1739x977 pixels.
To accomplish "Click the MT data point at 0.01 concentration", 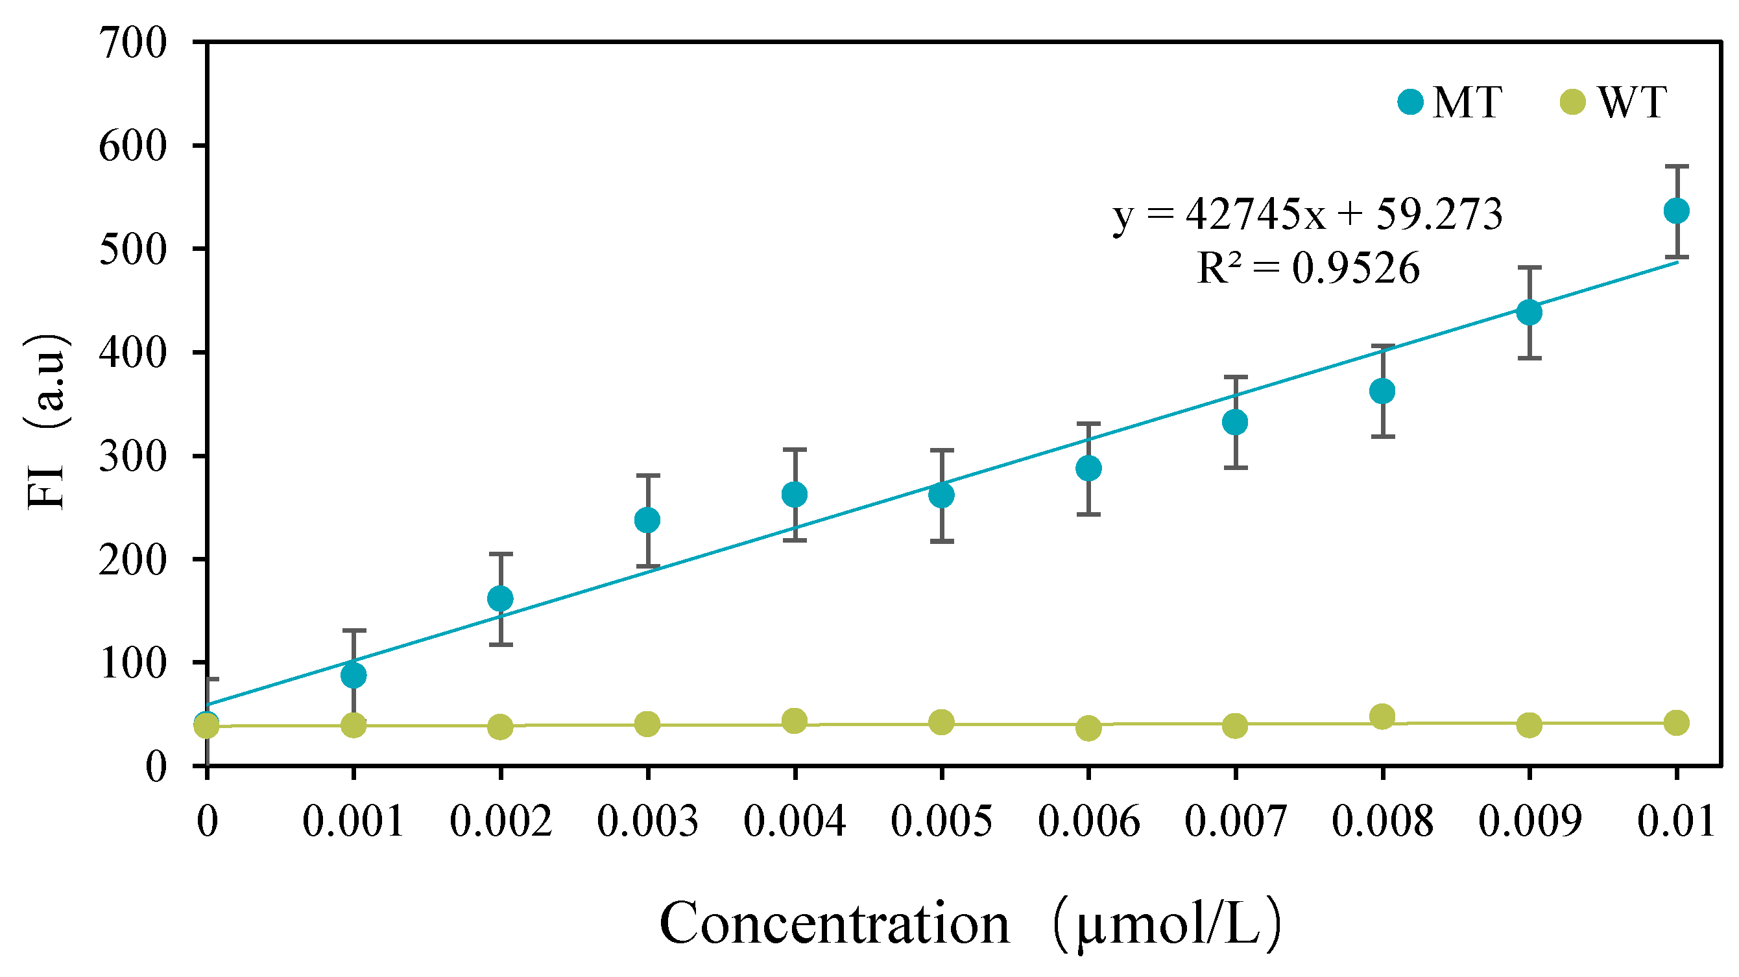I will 1676,211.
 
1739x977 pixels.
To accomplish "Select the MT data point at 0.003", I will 647,520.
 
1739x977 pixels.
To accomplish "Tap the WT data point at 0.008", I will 1382,716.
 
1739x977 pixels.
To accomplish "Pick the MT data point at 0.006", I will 1088,468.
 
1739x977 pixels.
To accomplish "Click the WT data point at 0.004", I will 795,722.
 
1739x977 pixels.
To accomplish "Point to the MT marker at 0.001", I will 354,676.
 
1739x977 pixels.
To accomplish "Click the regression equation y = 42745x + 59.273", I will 1308,215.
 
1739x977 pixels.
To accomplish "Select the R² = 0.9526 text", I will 1308,268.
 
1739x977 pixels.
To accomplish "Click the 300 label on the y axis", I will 132,457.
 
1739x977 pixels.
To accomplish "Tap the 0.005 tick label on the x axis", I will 941,822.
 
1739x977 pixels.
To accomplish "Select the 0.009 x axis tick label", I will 1529,822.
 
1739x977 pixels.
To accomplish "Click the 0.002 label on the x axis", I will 500,822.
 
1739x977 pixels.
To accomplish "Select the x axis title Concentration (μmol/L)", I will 970,924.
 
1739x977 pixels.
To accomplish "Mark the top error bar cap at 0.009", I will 1529,268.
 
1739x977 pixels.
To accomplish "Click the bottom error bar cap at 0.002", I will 500,645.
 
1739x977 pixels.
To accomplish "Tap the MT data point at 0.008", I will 1382,392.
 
